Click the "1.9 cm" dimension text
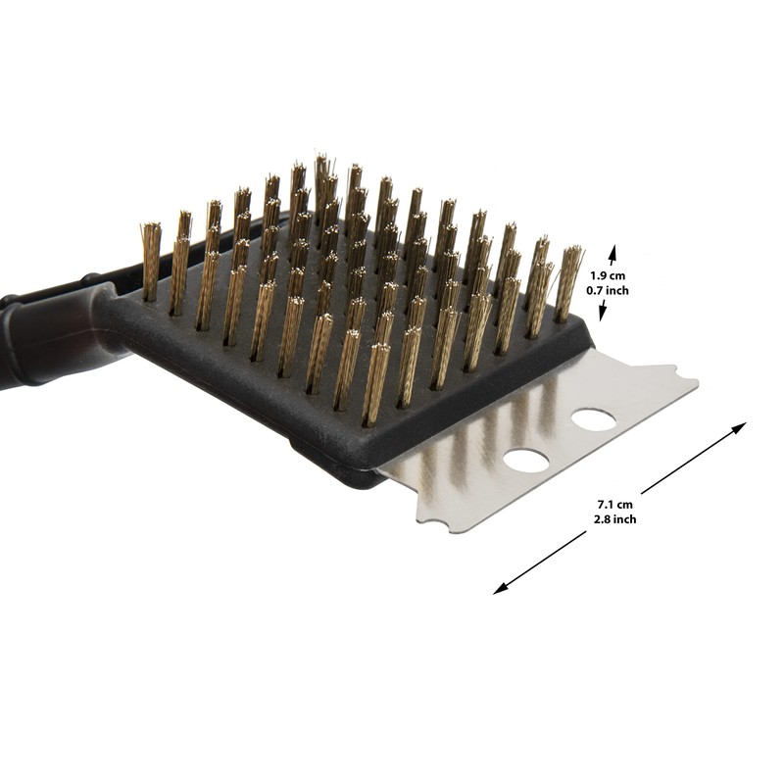(608, 275)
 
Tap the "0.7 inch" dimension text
(608, 290)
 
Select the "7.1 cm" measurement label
(615, 505)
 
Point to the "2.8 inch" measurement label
(615, 519)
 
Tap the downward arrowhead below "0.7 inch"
(603, 313)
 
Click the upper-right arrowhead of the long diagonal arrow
(739, 427)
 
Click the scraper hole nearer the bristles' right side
(594, 420)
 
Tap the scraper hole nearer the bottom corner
(526, 460)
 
